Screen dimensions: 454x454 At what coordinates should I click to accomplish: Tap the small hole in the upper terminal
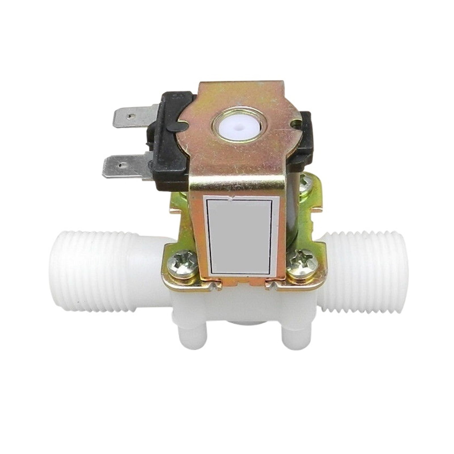(131, 116)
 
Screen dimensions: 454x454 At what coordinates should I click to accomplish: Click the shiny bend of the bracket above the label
(238, 184)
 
